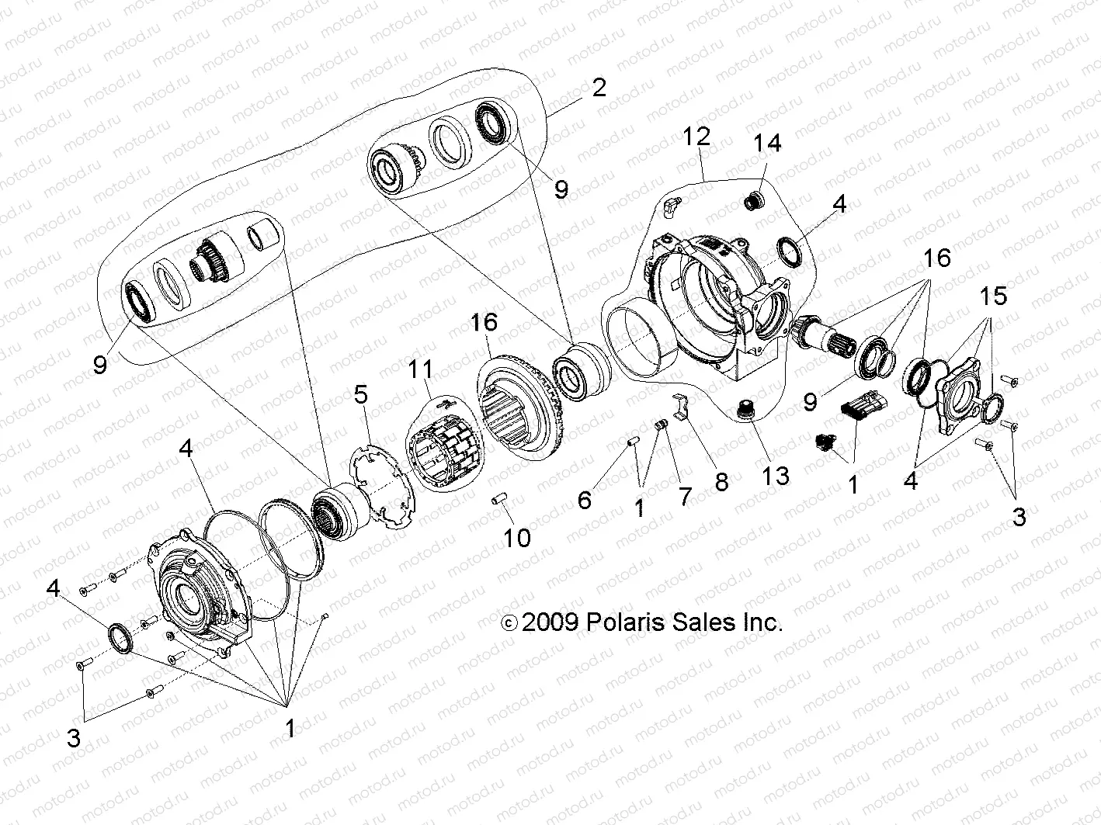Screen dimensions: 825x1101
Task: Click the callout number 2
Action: [x=598, y=87]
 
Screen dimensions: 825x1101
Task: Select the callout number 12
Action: [x=696, y=137]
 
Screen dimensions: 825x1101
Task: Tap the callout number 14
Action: [x=766, y=143]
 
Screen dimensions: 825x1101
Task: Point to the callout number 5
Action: [x=360, y=395]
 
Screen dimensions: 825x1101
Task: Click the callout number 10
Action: [x=517, y=538]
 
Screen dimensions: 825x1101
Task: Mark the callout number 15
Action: [x=993, y=296]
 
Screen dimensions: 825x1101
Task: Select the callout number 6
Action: [x=584, y=500]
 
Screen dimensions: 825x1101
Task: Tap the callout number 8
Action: [x=721, y=483]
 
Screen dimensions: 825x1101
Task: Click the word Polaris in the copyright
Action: [x=623, y=622]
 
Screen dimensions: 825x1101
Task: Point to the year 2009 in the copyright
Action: [x=550, y=622]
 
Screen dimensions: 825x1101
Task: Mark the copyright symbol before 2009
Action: [x=509, y=623]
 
